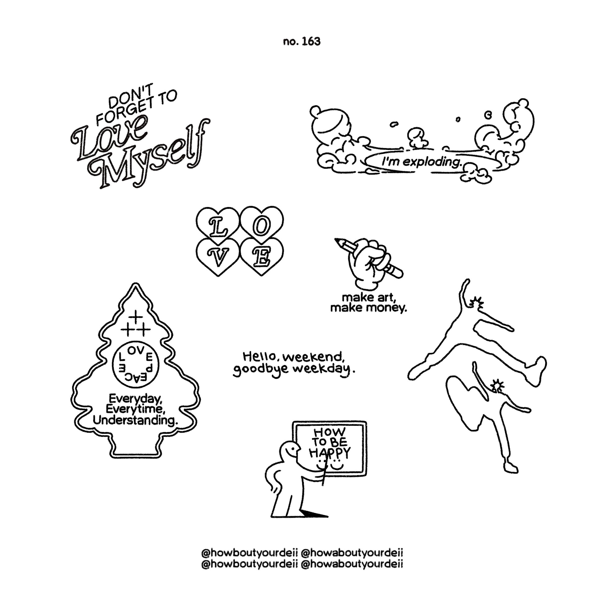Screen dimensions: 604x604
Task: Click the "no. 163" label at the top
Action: point(302,42)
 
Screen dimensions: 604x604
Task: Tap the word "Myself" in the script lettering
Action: point(150,160)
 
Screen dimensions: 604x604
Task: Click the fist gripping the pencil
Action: point(369,263)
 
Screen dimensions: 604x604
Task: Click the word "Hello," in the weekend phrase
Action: point(259,356)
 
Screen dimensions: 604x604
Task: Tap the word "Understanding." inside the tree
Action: point(135,421)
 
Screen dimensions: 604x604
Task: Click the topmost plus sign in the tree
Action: point(136,317)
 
